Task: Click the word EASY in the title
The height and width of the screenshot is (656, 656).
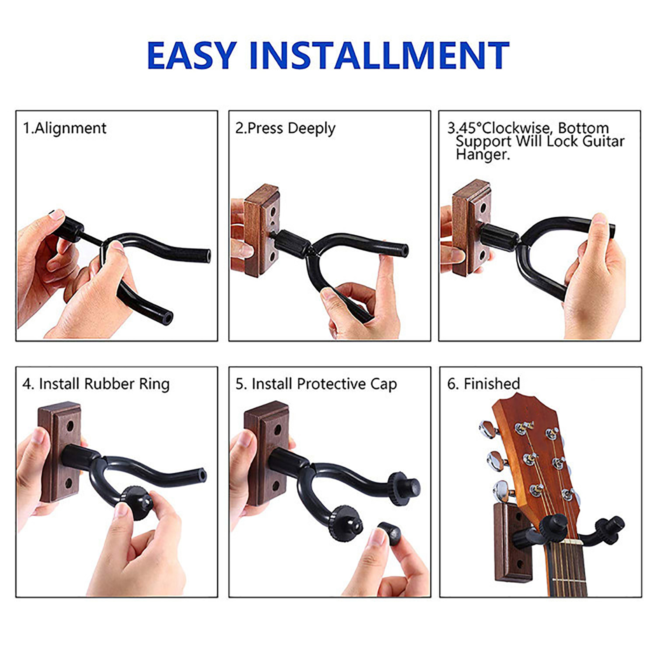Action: (x=192, y=56)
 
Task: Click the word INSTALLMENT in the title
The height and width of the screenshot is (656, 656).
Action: (x=379, y=56)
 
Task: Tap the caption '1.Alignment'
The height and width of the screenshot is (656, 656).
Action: (x=65, y=128)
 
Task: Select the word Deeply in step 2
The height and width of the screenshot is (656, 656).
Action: (x=312, y=129)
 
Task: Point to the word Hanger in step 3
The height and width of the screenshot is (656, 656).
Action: (x=483, y=155)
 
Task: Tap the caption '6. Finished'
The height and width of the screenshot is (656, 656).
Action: (x=484, y=384)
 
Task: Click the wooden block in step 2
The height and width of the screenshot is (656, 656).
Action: (x=262, y=231)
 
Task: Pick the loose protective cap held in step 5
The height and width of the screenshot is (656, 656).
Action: (x=389, y=532)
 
